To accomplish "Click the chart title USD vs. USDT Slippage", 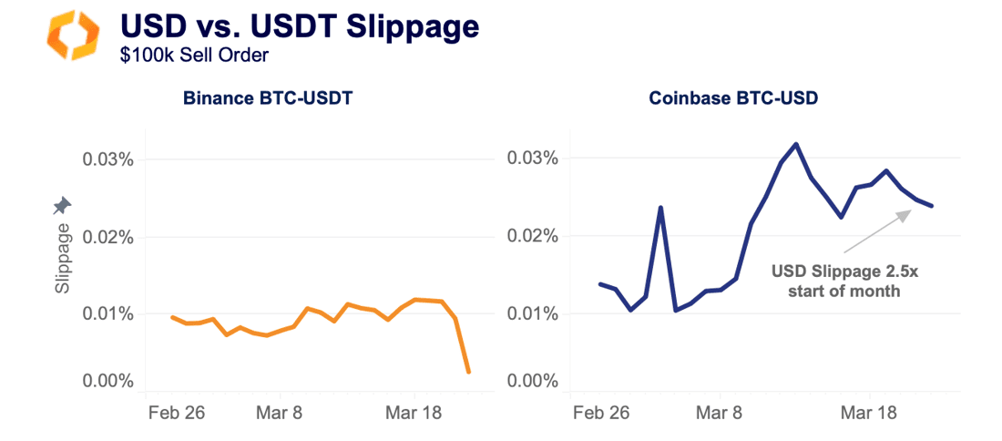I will point(300,27).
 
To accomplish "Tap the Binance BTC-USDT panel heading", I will point(267,98).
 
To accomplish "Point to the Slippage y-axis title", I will point(62,259).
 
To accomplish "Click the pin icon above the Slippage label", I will point(62,205).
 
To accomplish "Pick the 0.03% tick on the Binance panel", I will point(108,159).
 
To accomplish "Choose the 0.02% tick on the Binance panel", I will point(108,237).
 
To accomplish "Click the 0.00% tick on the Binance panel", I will point(108,381).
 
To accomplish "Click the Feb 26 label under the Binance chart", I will point(176,413).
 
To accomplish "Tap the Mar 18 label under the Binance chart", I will point(414,413).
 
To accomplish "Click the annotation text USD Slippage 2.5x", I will point(835,272).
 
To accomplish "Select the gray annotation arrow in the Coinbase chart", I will point(877,231).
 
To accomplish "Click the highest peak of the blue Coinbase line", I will point(796,144).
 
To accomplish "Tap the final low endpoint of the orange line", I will point(468,372).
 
